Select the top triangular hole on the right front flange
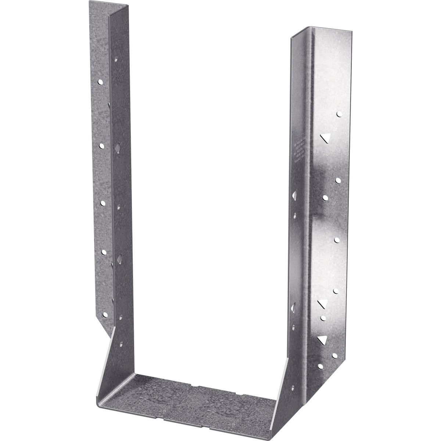[x=324, y=138]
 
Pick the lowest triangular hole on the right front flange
[x=323, y=340]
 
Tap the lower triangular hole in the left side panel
[x=119, y=259]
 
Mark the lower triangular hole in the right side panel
[x=294, y=306]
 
